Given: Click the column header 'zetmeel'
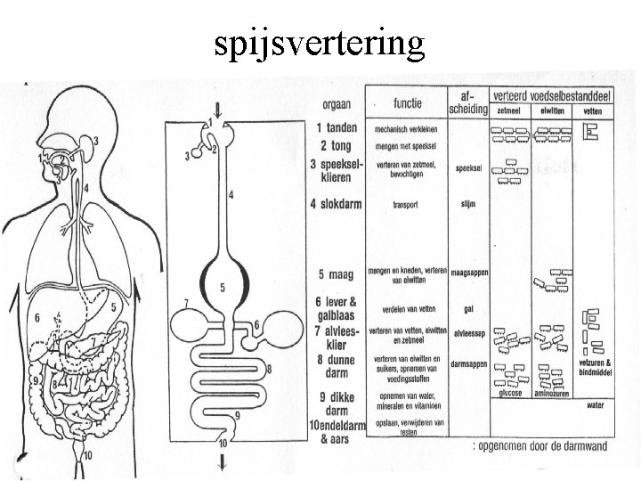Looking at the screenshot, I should (x=509, y=112).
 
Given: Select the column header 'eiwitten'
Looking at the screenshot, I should (x=548, y=112).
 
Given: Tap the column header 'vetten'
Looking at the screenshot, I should (x=592, y=112).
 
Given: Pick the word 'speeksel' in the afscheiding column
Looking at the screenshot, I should (x=468, y=167).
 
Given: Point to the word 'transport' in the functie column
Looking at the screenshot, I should (x=406, y=204).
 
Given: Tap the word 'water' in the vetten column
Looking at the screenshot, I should (x=596, y=404).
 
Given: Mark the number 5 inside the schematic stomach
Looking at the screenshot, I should (x=222, y=287).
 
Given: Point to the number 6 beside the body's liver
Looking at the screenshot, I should (x=37, y=318).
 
